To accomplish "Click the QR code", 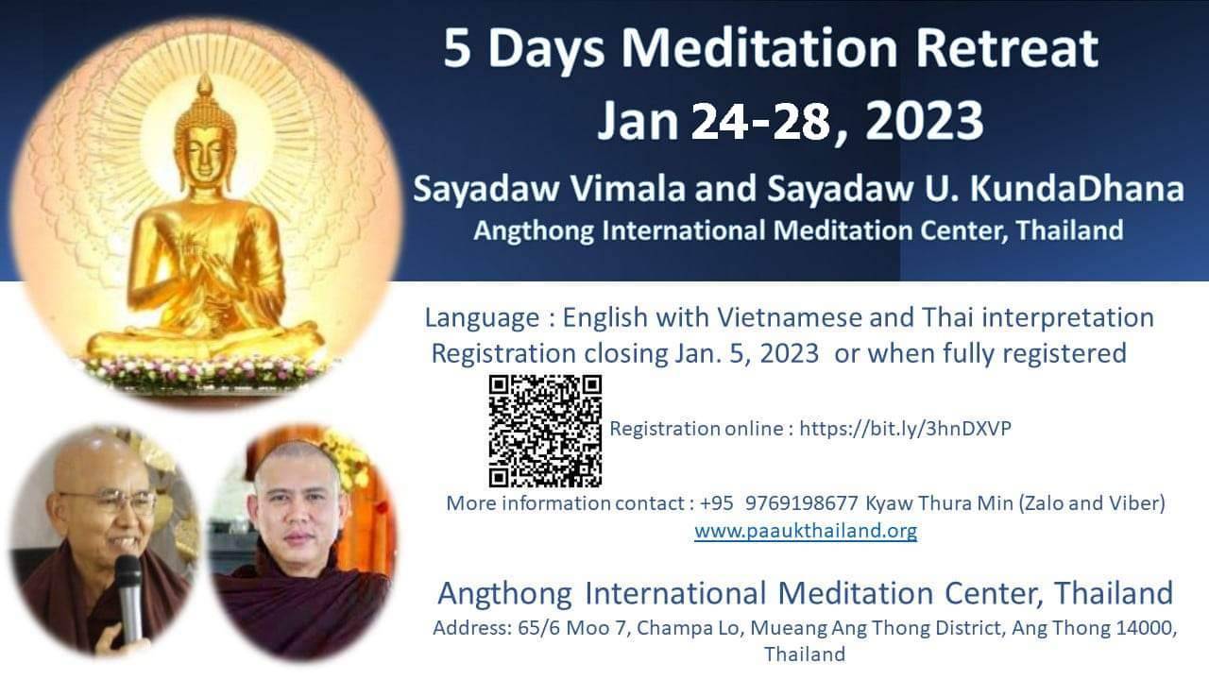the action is click(x=545, y=432).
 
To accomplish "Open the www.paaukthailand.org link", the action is click(x=806, y=531).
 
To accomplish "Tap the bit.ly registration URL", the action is click(x=905, y=429).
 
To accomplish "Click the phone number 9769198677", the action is click(x=802, y=503).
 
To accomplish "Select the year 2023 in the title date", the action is click(x=924, y=121).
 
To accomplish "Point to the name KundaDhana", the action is click(x=1077, y=190).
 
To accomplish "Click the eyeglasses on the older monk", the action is click(x=111, y=501).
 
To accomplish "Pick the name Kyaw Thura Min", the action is click(x=939, y=503).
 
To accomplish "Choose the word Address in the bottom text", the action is click(x=471, y=628).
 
